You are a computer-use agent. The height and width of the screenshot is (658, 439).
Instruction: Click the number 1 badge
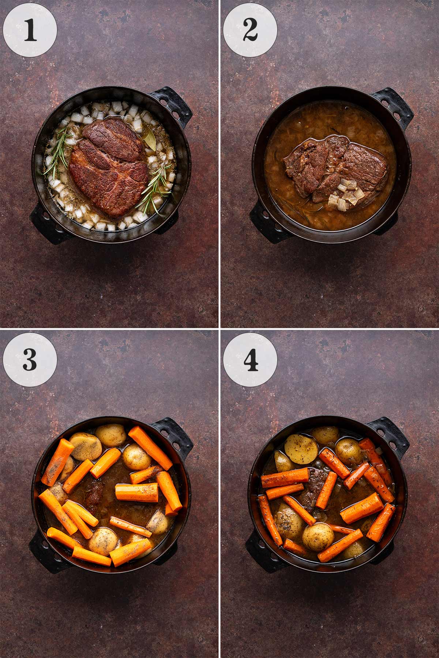click(30, 30)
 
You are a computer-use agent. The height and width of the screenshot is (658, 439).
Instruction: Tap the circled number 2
click(250, 30)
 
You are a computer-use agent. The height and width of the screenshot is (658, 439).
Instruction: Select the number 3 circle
click(30, 360)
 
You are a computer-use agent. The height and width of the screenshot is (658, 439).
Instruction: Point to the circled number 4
click(250, 360)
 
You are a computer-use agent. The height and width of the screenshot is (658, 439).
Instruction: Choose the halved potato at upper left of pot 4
click(301, 448)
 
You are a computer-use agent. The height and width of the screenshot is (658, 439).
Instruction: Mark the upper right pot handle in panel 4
click(390, 437)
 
